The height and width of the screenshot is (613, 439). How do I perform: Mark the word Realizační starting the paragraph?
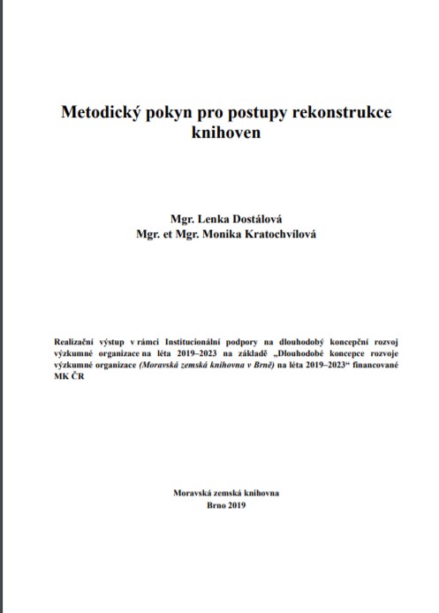pos(78,338)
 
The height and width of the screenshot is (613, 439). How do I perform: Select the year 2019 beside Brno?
pos(235,505)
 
